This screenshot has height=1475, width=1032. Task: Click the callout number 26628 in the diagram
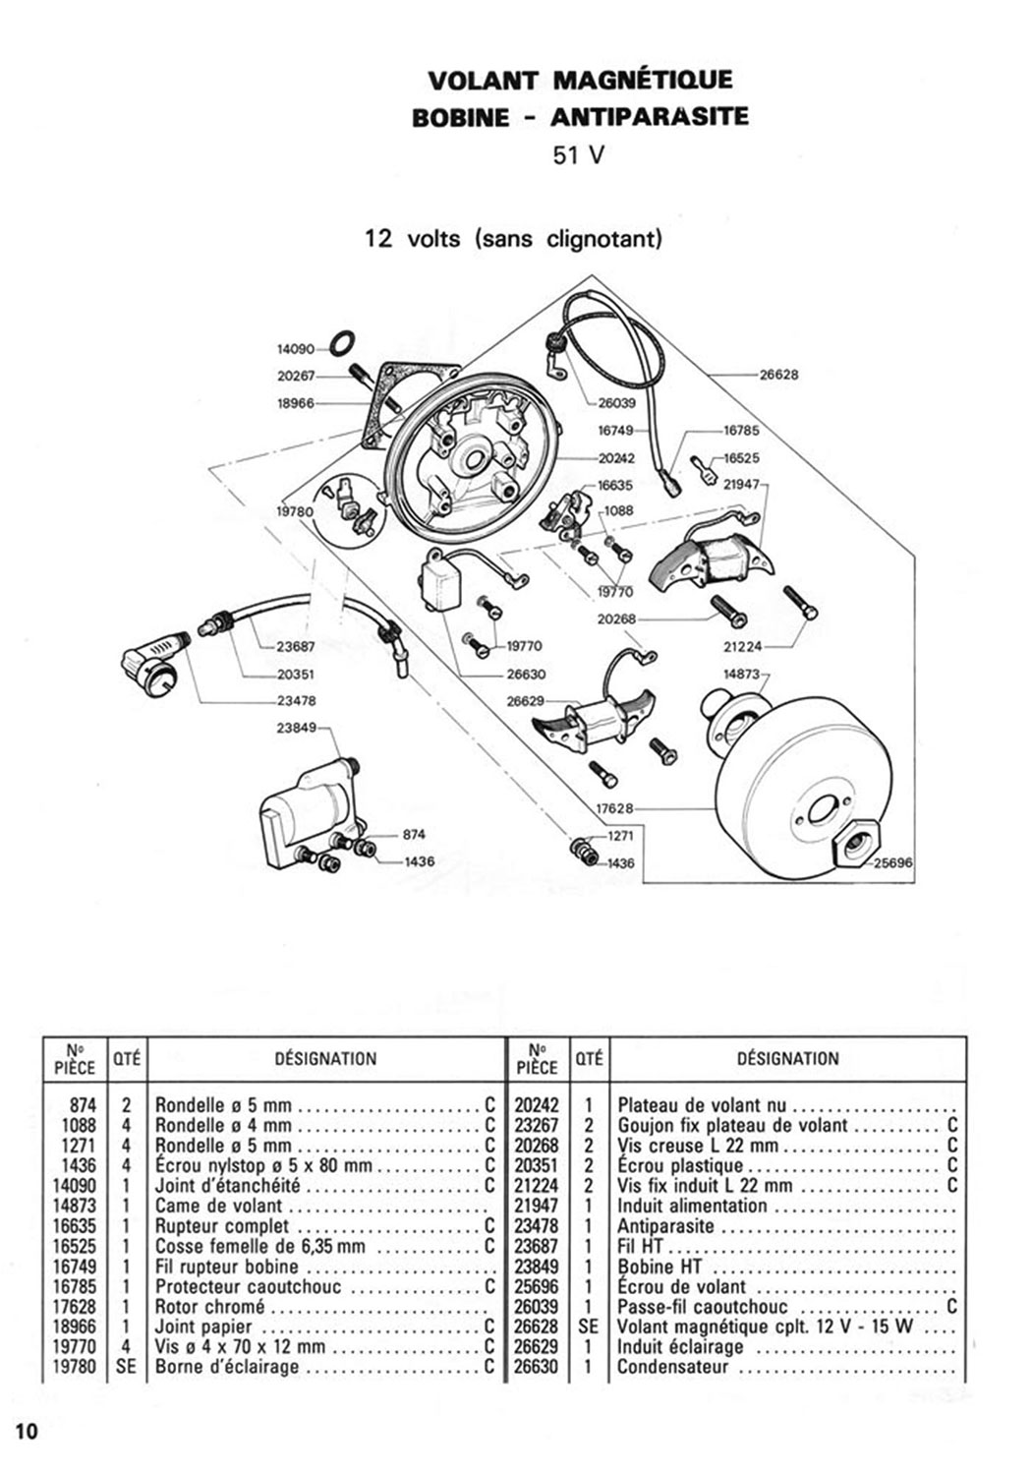tap(779, 375)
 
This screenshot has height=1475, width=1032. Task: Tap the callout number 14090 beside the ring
tap(295, 348)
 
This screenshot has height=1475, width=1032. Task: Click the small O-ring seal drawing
tap(341, 343)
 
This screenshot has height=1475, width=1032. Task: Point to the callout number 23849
tap(296, 729)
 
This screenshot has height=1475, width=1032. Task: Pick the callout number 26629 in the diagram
tap(526, 701)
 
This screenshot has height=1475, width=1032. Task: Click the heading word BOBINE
tap(461, 117)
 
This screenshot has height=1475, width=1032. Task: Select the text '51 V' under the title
tap(579, 155)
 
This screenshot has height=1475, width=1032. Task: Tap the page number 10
tap(26, 1430)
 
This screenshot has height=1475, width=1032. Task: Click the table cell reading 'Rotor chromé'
tap(210, 1307)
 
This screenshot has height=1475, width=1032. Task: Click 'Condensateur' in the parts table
tap(673, 1367)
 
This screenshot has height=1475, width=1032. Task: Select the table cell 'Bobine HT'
tap(659, 1267)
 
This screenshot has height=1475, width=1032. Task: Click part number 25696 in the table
tap(537, 1286)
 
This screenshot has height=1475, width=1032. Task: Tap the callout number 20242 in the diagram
tap(616, 458)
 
